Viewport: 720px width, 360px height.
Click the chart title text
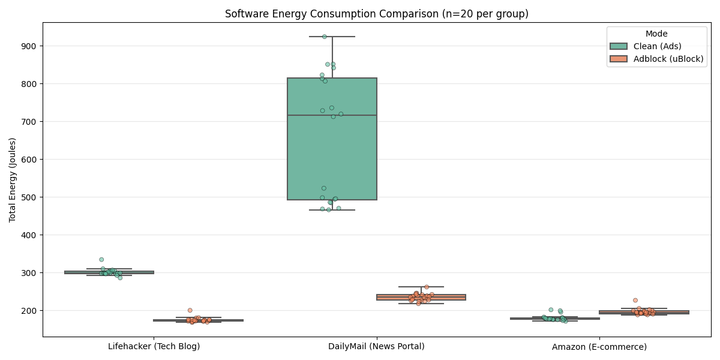pyautogui.click(x=376, y=14)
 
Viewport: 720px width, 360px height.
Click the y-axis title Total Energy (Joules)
pyautogui.click(x=13, y=179)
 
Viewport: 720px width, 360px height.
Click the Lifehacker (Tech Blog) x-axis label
pyautogui.click(x=154, y=346)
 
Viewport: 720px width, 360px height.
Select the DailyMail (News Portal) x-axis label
pyautogui.click(x=376, y=346)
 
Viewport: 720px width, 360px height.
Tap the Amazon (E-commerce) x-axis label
pyautogui.click(x=599, y=347)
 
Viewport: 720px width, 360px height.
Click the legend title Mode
pyautogui.click(x=656, y=34)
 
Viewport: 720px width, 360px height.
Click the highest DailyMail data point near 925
pyautogui.click(x=325, y=37)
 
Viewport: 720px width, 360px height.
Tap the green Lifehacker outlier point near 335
pyautogui.click(x=101, y=260)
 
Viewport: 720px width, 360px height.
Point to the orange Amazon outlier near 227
pyautogui.click(x=635, y=300)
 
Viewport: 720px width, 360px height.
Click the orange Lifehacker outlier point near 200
pyautogui.click(x=190, y=310)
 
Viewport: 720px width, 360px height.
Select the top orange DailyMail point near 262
pyautogui.click(x=427, y=287)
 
